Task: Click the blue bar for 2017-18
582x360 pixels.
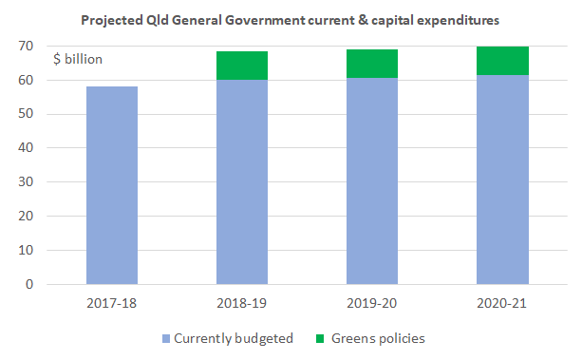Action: click(112, 185)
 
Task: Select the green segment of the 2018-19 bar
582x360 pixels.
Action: click(242, 66)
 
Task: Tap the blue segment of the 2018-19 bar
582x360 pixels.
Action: click(242, 181)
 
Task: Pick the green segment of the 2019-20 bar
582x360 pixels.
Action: click(372, 63)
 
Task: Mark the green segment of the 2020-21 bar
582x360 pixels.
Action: click(502, 60)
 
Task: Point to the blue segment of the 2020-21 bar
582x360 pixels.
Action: click(502, 180)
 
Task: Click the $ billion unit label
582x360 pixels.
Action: click(77, 60)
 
